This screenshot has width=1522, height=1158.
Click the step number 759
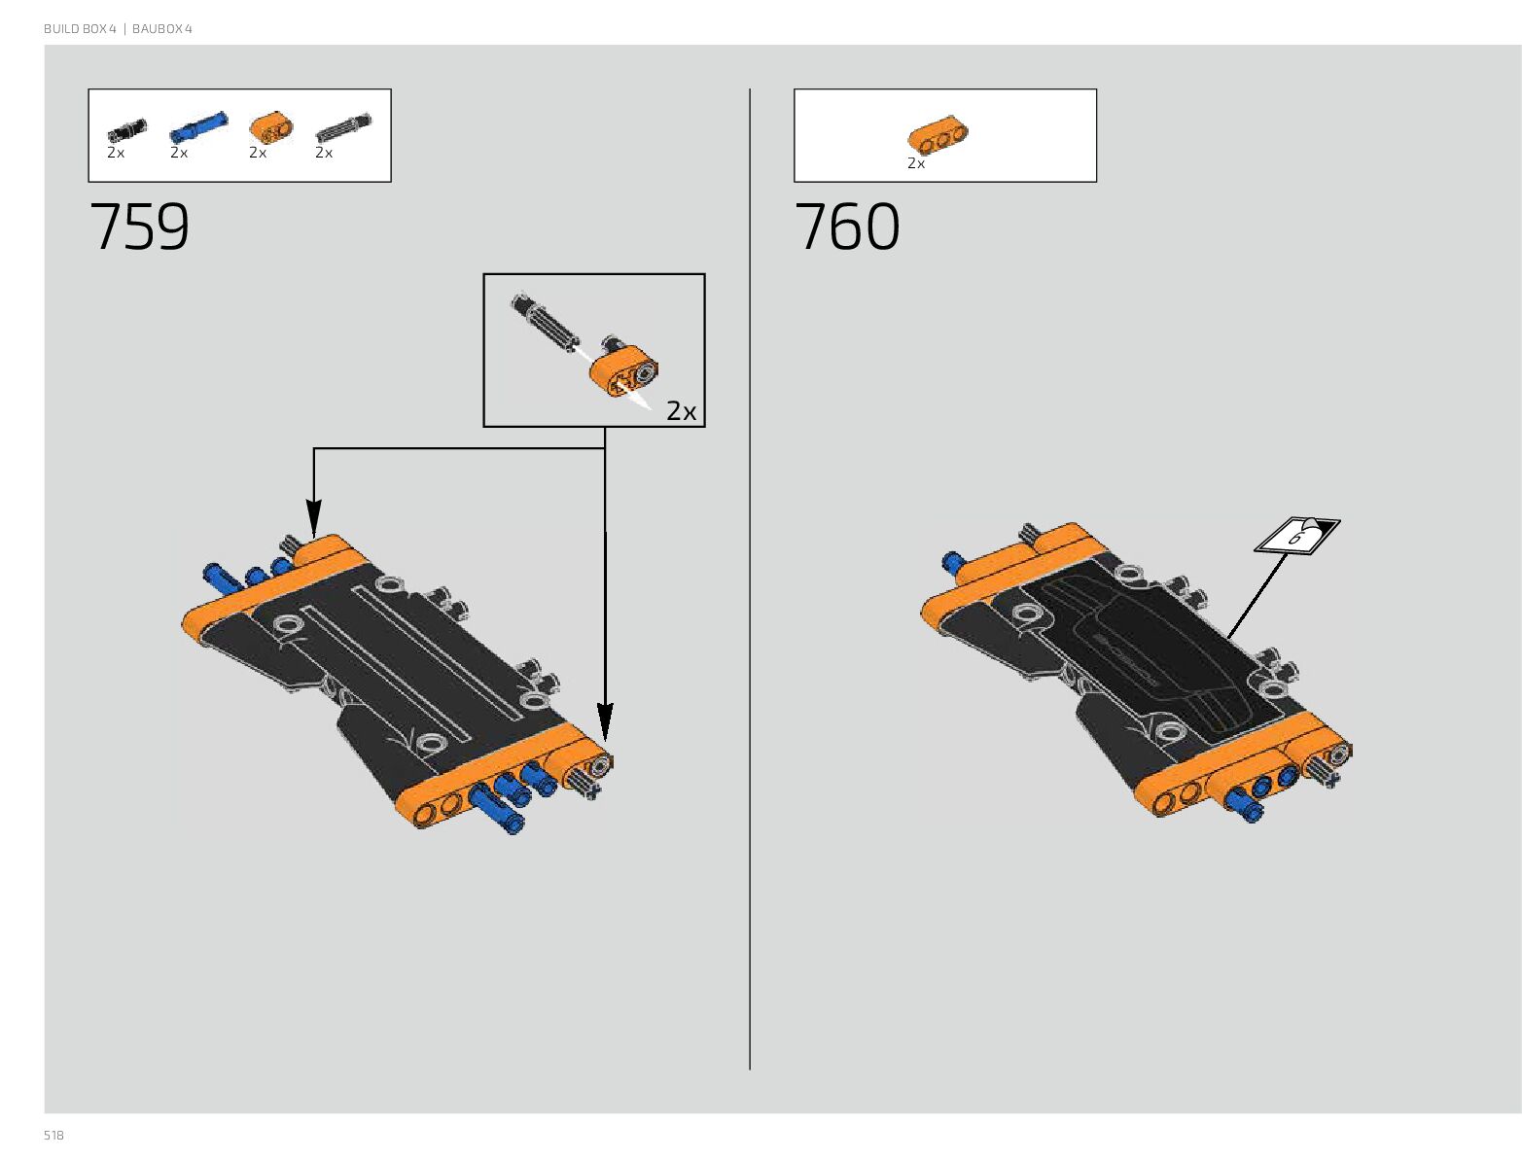click(x=139, y=228)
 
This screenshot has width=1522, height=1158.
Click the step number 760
click(x=846, y=228)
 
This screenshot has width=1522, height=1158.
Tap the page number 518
click(x=53, y=1135)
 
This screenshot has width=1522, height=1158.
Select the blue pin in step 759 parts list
click(x=197, y=128)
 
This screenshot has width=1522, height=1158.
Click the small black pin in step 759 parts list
click(x=126, y=129)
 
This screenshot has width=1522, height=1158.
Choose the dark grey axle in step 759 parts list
click(x=342, y=128)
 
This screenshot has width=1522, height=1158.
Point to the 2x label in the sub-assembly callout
click(x=681, y=411)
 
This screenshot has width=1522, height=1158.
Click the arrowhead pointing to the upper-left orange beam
click(x=313, y=517)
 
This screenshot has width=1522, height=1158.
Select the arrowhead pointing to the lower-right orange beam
click(x=605, y=723)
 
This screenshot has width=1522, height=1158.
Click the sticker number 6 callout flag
click(x=1297, y=536)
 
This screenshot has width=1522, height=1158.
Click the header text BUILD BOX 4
click(x=80, y=29)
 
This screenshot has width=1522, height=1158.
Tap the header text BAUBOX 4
click(x=162, y=29)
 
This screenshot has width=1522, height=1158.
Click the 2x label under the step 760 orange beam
click(x=916, y=163)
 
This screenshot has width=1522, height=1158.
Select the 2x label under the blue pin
click(x=179, y=153)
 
